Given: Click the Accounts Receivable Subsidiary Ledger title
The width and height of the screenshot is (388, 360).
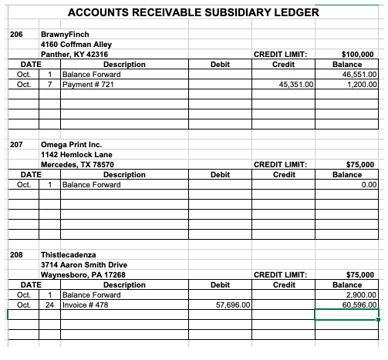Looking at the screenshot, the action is [194, 12].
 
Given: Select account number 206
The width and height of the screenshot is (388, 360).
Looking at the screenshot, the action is [16, 35].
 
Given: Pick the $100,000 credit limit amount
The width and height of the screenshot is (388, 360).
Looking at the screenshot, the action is [357, 55].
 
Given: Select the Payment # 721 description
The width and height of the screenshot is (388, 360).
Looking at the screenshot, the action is [89, 84].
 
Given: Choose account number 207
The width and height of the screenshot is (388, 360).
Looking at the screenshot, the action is [16, 145].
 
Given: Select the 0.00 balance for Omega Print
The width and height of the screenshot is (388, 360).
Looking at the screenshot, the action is [368, 185].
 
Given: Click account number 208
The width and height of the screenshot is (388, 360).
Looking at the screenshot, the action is [16, 254].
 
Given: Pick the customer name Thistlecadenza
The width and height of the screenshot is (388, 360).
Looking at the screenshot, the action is [73, 254].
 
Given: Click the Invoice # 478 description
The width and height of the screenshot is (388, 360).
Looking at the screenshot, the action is [85, 304].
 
